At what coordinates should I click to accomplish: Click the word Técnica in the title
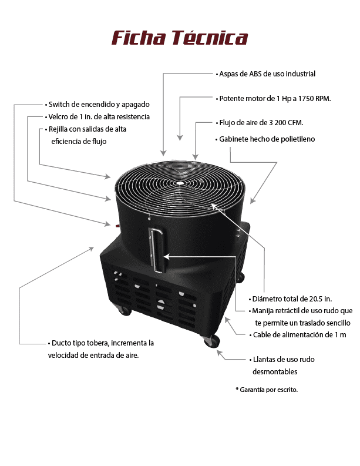[210, 38]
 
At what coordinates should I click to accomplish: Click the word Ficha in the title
[139, 38]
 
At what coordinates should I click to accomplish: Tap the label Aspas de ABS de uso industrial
[265, 73]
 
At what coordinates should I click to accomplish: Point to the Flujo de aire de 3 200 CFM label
[260, 122]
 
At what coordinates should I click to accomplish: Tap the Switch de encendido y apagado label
[97, 105]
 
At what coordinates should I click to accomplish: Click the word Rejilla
[58, 129]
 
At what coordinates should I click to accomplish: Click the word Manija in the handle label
[263, 311]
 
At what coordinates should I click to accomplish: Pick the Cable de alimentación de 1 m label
[298, 334]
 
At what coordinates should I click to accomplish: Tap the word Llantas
[264, 359]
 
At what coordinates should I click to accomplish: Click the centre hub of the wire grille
[179, 183]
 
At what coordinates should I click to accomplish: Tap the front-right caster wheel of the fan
[211, 341]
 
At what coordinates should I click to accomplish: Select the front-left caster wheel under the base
[125, 310]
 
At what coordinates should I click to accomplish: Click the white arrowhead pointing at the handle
[166, 256]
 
